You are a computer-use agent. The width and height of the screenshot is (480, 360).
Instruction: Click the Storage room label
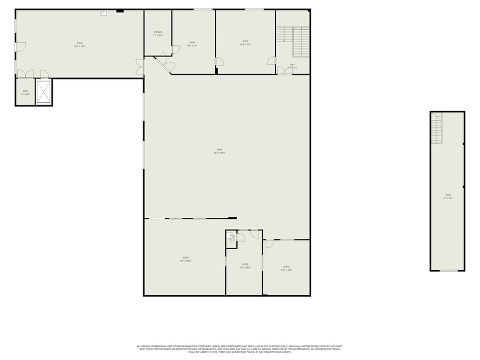coord(157,34)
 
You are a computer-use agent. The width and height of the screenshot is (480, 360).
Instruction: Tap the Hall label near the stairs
coord(293,66)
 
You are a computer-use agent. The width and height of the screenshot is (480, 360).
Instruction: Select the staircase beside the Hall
coord(300,41)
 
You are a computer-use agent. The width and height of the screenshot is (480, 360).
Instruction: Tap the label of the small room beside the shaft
coord(25,93)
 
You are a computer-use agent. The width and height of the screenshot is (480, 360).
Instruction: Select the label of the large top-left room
coord(79,44)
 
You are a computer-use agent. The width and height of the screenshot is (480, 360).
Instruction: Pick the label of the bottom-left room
coord(185,258)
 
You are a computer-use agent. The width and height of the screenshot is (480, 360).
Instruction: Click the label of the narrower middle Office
coord(245,266)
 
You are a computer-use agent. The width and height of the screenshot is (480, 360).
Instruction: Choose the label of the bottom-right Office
coord(286,268)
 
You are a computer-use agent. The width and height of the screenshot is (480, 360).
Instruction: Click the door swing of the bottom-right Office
coord(269,244)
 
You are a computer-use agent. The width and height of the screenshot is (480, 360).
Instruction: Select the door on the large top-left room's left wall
coord(20,47)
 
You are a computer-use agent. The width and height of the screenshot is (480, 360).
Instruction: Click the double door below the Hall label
coord(285,71)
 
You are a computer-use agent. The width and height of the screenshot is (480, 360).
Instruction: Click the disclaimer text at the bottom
coord(239,348)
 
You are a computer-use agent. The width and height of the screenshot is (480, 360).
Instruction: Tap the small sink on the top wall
coord(103,12)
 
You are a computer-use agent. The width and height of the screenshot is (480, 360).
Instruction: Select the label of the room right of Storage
coord(192,43)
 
